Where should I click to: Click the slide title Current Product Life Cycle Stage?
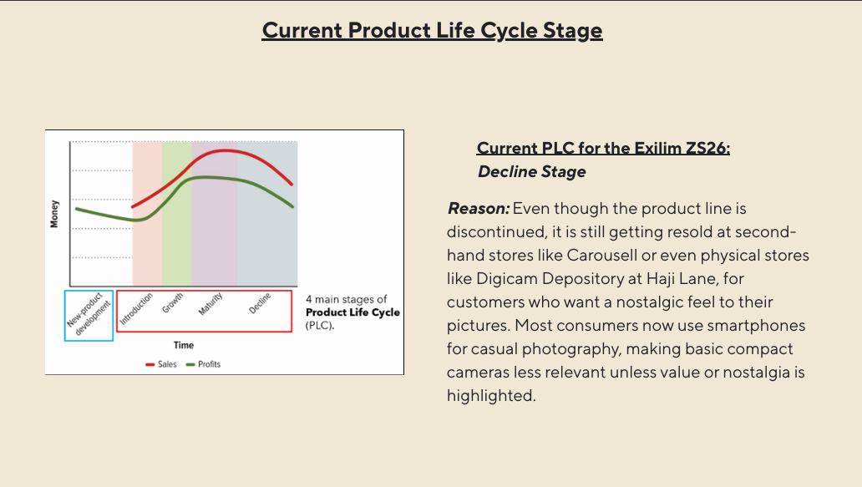pyautogui.click(x=432, y=30)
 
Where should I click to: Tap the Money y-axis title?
pyautogui.click(x=53, y=214)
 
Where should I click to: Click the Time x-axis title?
pyautogui.click(x=184, y=345)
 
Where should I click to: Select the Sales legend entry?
pyautogui.click(x=161, y=364)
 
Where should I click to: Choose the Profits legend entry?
pyautogui.click(x=203, y=364)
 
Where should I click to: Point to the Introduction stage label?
pyautogui.click(x=136, y=309)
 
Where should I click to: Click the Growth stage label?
pyautogui.click(x=172, y=303)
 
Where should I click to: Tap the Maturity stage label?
pyautogui.click(x=210, y=304)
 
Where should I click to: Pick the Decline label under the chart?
pyautogui.click(x=260, y=303)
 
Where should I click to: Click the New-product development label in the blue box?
pyautogui.click(x=89, y=314)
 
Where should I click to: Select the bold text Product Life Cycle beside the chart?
pyautogui.click(x=353, y=312)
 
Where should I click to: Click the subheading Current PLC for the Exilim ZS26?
pyautogui.click(x=603, y=149)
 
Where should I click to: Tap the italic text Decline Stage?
pyautogui.click(x=531, y=172)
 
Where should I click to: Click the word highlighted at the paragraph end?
pyautogui.click(x=491, y=396)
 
